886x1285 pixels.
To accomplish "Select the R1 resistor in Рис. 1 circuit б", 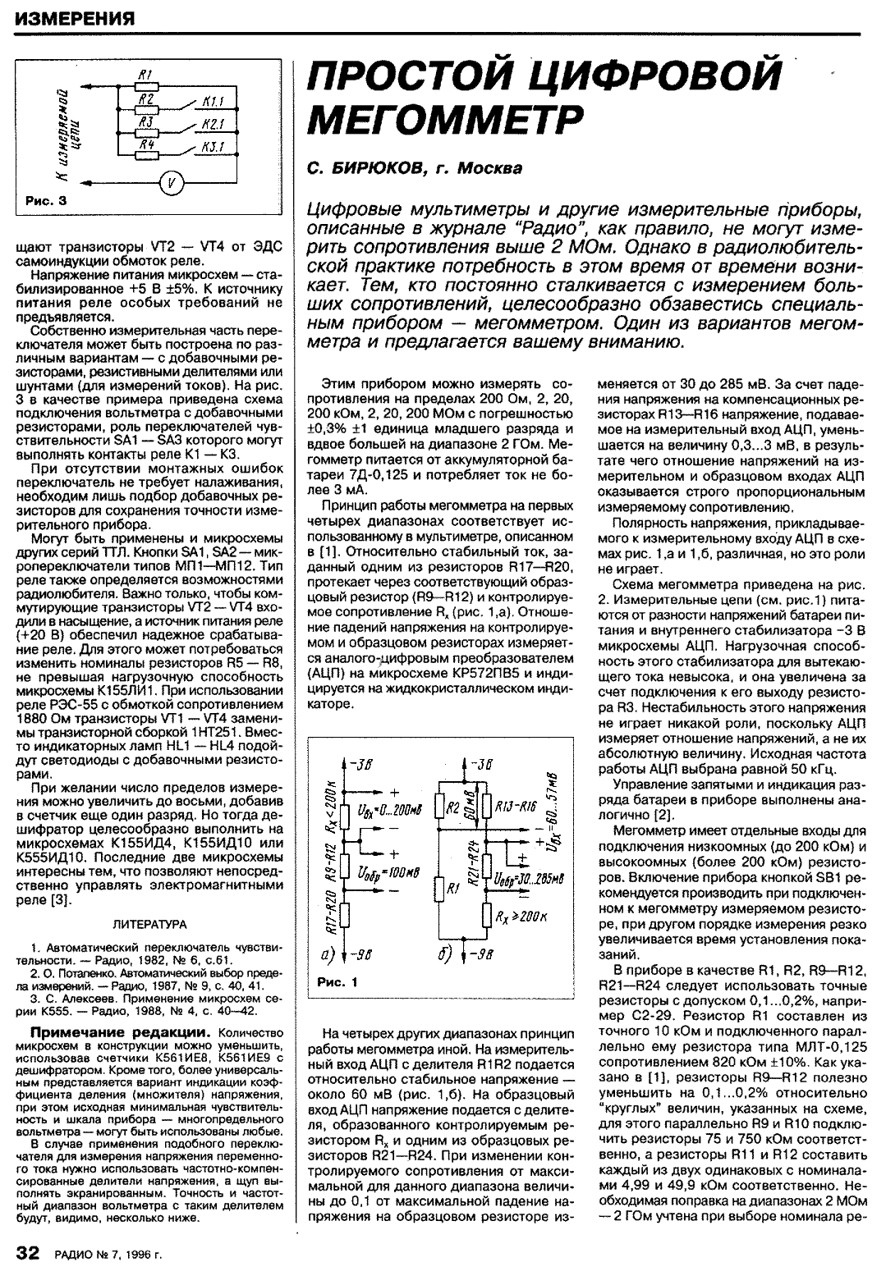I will coord(443,889).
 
